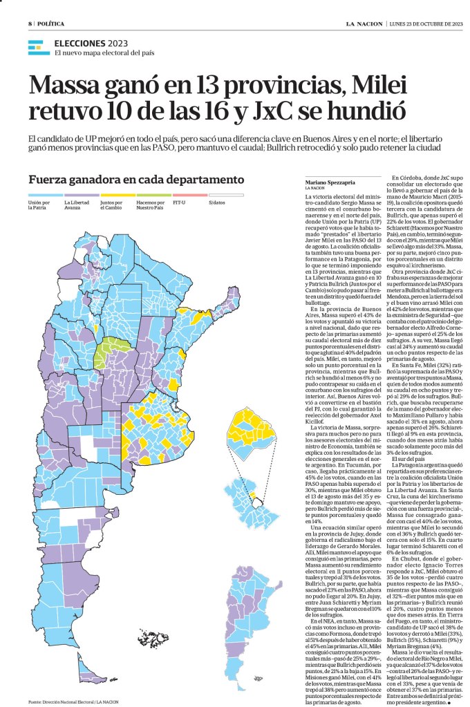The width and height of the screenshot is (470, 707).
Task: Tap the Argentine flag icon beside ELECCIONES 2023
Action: point(39,48)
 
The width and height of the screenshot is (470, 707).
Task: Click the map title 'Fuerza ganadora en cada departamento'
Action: point(136,179)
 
